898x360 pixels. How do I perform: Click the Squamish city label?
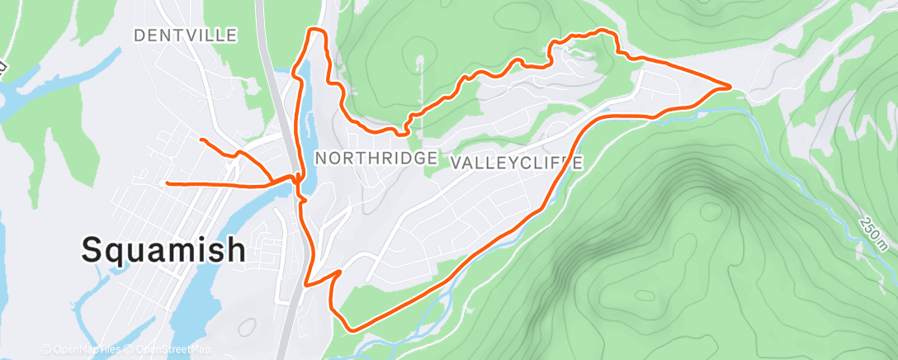coord(163,249)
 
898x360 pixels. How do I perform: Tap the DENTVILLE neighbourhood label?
coord(185,36)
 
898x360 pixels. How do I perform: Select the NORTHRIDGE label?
coord(376,159)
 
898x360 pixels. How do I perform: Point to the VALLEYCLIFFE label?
coord(518,163)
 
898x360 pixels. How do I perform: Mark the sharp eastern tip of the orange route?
coord(730,85)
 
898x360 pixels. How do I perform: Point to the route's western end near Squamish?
coord(168,182)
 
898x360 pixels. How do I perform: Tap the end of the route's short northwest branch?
coord(201,140)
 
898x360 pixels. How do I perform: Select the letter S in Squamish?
coord(93,249)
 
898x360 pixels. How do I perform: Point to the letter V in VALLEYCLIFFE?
coord(458,163)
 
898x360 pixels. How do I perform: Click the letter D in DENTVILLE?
coord(139,36)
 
